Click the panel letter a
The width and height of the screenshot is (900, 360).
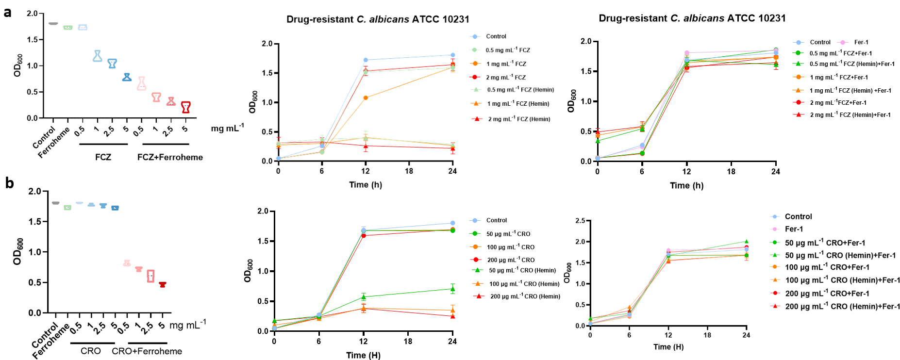[7, 12]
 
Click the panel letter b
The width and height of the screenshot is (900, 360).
[9, 183]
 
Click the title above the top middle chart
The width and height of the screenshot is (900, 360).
[378, 19]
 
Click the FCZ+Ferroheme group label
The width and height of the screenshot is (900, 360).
[170, 157]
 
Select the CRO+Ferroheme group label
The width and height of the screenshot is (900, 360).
[147, 351]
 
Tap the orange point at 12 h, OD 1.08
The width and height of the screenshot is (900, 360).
[366, 98]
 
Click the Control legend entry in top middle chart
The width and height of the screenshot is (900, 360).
[496, 36]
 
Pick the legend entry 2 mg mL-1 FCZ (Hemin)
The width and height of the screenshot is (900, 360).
[518, 119]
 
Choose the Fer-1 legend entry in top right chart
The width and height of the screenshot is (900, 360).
[861, 42]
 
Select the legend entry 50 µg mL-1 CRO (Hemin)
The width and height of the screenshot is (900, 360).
[522, 271]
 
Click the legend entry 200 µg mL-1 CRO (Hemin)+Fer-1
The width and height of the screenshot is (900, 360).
[842, 307]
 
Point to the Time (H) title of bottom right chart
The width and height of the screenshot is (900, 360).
[668, 347]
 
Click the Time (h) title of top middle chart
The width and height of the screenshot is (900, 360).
[366, 185]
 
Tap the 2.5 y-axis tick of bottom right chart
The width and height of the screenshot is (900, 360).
[580, 221]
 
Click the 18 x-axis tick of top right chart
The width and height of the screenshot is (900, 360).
[731, 171]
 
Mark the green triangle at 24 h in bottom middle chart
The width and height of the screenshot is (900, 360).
[452, 289]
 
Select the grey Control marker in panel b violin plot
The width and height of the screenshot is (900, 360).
[55, 203]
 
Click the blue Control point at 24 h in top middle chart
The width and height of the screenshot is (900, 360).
[452, 55]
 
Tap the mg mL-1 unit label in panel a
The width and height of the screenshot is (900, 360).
[227, 128]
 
